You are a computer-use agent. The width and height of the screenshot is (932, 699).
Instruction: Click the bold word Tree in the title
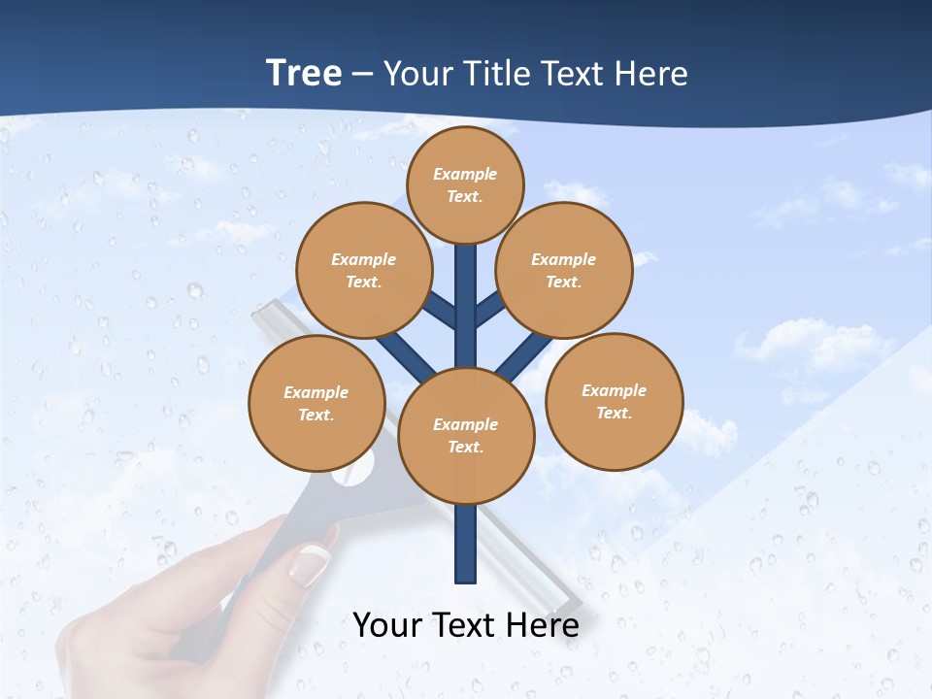[x=304, y=73]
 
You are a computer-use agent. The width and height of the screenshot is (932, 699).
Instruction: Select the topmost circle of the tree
[x=465, y=184]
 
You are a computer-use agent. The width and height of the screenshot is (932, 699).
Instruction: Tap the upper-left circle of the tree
[x=363, y=270]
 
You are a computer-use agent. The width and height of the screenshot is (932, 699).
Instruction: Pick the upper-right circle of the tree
[x=563, y=270]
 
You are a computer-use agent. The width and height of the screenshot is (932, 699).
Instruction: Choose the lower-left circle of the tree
[x=316, y=403]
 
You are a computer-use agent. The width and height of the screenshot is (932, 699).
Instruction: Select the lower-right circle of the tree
[x=614, y=401]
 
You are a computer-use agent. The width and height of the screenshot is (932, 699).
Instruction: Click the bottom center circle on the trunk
[x=466, y=435]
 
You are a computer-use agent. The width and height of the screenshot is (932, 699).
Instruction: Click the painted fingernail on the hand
[x=313, y=558]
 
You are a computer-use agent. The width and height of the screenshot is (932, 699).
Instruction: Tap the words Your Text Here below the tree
[x=466, y=624]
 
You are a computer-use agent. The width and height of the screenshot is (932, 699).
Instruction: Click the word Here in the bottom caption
[x=545, y=624]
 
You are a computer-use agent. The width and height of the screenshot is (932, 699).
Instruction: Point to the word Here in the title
[x=652, y=73]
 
